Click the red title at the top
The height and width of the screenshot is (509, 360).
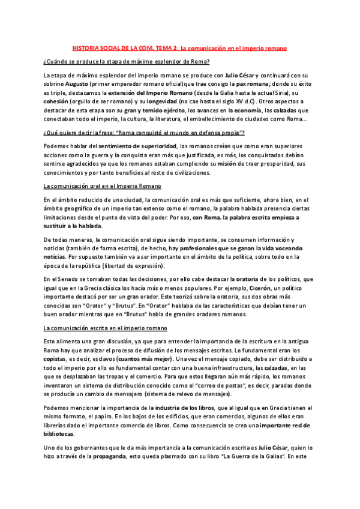click(179, 47)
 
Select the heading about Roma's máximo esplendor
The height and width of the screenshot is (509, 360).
click(126, 62)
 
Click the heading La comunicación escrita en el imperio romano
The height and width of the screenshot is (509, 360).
click(109, 328)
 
